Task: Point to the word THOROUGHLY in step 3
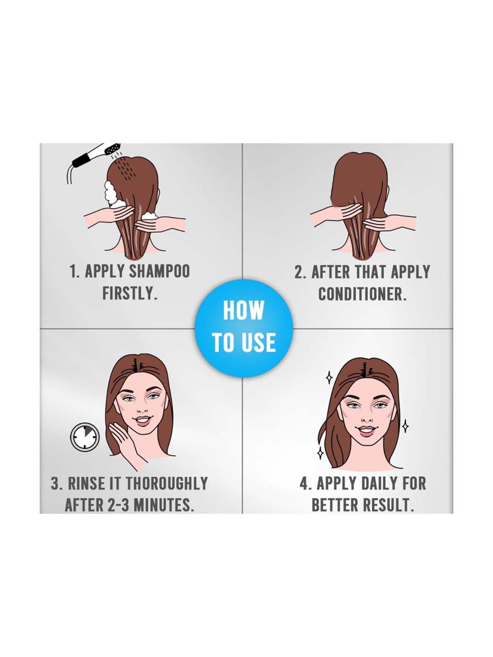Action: pos(167,483)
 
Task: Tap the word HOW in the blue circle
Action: pos(244,310)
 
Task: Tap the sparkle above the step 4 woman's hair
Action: pos(329,379)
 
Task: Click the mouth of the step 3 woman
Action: pos(142,420)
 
